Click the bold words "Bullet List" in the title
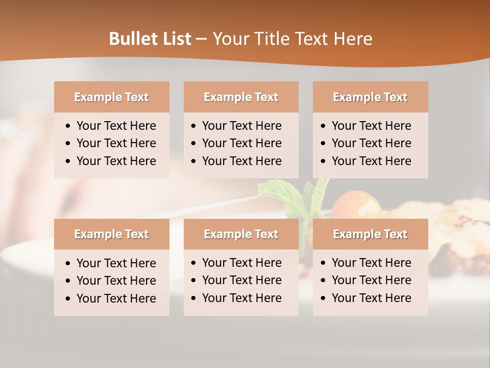pyautogui.click(x=150, y=39)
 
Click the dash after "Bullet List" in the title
pyautogui.click(x=201, y=39)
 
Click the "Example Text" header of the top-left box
pyautogui.click(x=111, y=97)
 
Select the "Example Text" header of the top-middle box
pyautogui.click(x=241, y=97)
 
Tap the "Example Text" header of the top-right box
pyautogui.click(x=370, y=97)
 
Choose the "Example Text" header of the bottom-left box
pyautogui.click(x=111, y=234)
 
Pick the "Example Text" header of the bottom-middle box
pyautogui.click(x=241, y=234)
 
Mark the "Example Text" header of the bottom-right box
pyautogui.click(x=370, y=234)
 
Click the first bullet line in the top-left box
pyautogui.click(x=116, y=126)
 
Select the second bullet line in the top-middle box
pyautogui.click(x=241, y=143)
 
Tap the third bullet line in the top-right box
pyautogui.click(x=371, y=161)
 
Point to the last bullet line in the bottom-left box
pyautogui.click(x=116, y=298)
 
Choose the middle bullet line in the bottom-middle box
pyautogui.click(x=241, y=280)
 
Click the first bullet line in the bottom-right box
pyautogui.click(x=371, y=263)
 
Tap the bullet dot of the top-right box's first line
pyautogui.click(x=324, y=126)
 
